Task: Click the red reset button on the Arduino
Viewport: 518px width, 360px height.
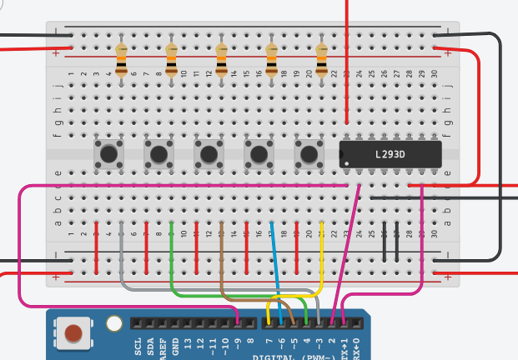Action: coord(74,333)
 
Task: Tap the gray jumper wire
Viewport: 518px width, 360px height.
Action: coord(122,258)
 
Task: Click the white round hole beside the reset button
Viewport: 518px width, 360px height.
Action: coord(115,323)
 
